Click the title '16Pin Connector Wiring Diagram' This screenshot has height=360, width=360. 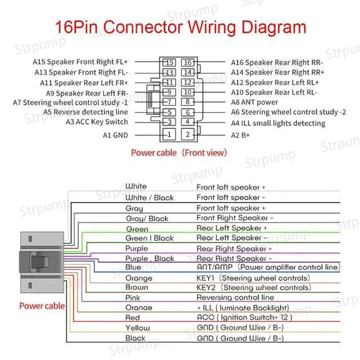180,28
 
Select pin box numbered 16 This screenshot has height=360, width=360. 188,62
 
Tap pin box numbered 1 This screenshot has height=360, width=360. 168,134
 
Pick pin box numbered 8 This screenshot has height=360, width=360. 188,102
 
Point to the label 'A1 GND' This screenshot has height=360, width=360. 115,135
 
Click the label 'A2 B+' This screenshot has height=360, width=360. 240,135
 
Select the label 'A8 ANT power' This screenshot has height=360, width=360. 255,102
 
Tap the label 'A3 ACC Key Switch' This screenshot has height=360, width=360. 97,121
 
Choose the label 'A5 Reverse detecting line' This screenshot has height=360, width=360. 85,112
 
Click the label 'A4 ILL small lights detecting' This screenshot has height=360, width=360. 278,123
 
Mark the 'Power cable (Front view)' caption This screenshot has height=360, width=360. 179,152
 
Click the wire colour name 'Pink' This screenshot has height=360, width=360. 133,297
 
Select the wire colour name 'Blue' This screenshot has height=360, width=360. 133,267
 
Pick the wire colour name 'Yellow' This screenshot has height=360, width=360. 137,328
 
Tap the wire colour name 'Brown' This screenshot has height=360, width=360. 137,287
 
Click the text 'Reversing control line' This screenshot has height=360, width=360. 235,298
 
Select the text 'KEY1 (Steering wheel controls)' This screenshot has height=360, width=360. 253,278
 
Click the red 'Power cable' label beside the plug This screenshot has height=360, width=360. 42,306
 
